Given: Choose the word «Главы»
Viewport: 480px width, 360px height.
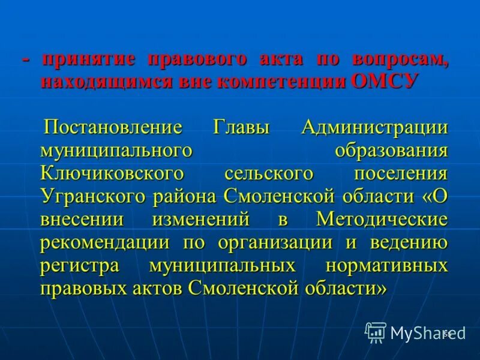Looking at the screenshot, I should pos(241,128).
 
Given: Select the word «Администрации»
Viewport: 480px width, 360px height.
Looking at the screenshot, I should pos(375,128).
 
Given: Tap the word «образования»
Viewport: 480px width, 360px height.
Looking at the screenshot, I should pos(391,151).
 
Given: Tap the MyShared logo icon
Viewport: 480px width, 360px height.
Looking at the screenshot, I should pos(376,332).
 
